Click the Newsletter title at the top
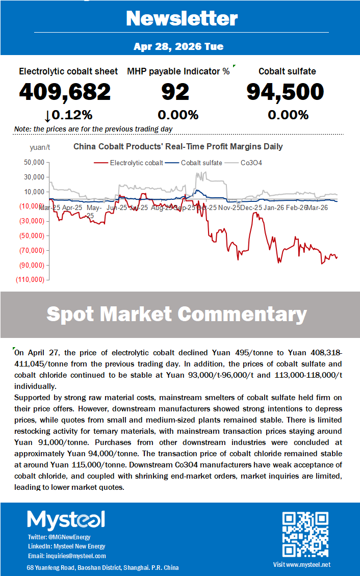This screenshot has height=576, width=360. [x=182, y=18]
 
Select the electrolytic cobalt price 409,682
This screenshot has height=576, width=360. [x=65, y=92]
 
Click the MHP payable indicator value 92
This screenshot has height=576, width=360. [x=175, y=92]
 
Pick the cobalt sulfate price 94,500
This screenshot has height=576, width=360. [x=285, y=92]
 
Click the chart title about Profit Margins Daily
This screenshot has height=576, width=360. [x=178, y=147]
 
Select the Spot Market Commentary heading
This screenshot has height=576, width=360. [x=176, y=314]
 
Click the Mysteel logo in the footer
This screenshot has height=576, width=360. [x=66, y=519]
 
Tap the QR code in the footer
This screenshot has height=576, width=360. [x=305, y=534]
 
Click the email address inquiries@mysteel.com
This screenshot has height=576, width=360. [x=67, y=556]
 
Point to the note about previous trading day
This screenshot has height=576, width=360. [x=93, y=129]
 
